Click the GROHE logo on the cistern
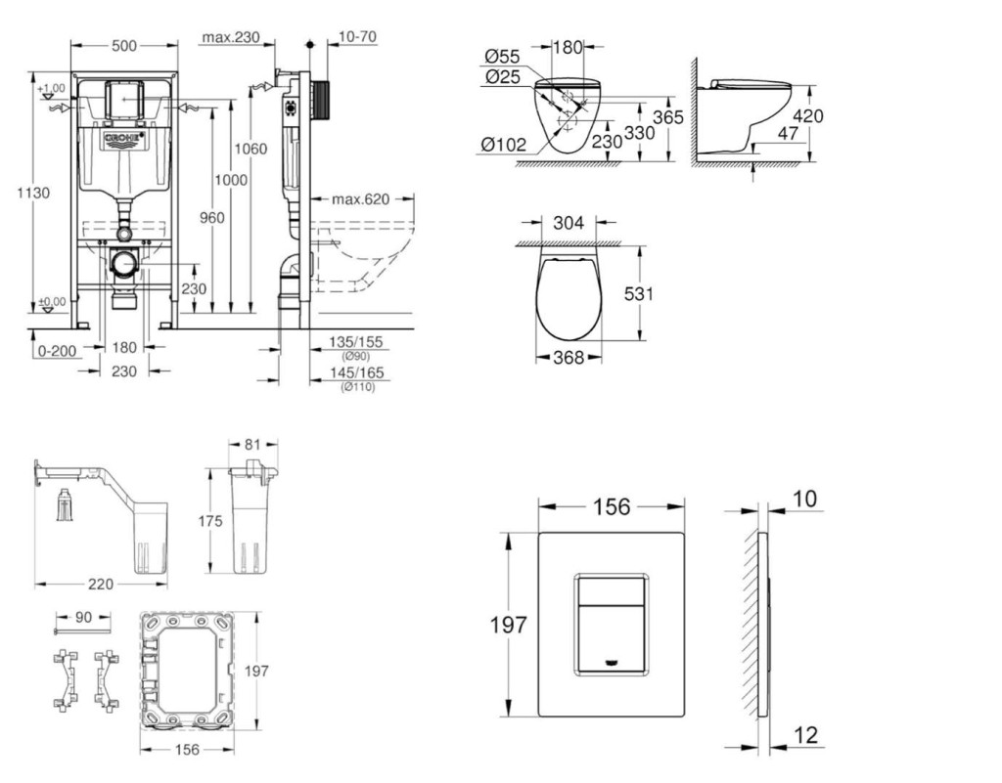coord(123,139)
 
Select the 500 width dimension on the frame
coord(123,44)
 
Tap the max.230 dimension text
coord(231,38)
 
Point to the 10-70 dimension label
coord(358,38)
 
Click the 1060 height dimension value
coord(250,149)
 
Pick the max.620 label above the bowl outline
coord(359,199)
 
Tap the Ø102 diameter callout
coord(503,144)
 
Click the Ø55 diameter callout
coord(502,56)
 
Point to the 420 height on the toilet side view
coord(808,115)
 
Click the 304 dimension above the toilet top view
coord(569,223)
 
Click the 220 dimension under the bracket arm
coord(101,584)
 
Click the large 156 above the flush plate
coord(611,505)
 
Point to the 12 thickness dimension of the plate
coord(805,735)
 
